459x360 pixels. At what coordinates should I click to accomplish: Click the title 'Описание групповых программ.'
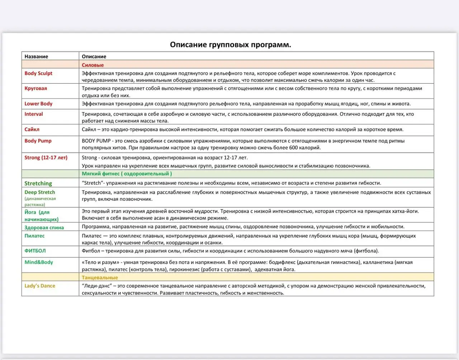pyautogui.click(x=230, y=45)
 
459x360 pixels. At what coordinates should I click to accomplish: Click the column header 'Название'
pyautogui.click(x=36, y=56)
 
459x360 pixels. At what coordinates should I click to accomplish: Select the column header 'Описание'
pyautogui.click(x=94, y=56)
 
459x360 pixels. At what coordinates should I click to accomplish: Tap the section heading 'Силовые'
pyautogui.click(x=93, y=65)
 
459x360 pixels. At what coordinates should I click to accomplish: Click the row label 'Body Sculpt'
pyautogui.click(x=38, y=73)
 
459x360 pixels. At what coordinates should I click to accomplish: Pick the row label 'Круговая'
pyautogui.click(x=36, y=88)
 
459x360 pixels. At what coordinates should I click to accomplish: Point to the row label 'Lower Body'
pyautogui.click(x=38, y=104)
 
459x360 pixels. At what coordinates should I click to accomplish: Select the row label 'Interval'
pyautogui.click(x=34, y=114)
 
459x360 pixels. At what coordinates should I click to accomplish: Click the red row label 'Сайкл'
pyautogui.click(x=32, y=129)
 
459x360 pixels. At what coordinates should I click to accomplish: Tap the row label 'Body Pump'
pyautogui.click(x=38, y=141)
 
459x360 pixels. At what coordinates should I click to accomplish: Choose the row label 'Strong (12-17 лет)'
pyautogui.click(x=46, y=157)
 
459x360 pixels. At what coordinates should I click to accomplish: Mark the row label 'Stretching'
pyautogui.click(x=38, y=183)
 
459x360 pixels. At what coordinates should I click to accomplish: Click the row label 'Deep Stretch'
pyautogui.click(x=40, y=192)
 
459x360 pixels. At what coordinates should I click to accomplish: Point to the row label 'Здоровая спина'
pyautogui.click(x=44, y=227)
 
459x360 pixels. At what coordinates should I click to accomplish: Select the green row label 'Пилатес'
pyautogui.click(x=34, y=236)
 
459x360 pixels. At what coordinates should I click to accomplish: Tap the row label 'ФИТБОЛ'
pyautogui.click(x=35, y=251)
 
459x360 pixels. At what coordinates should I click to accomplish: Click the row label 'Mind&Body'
pyautogui.click(x=39, y=262)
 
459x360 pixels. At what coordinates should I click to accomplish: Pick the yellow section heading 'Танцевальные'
pyautogui.click(x=100, y=278)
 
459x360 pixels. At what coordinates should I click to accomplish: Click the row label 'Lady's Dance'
pyautogui.click(x=40, y=286)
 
